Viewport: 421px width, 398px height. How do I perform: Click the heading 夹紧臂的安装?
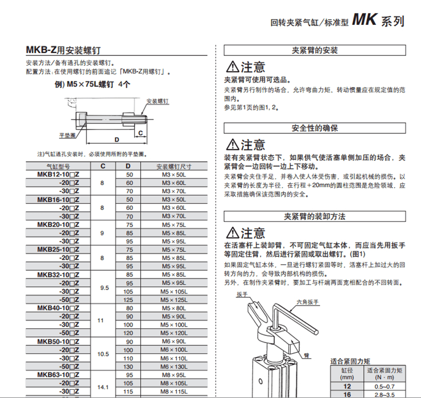coord(314,50)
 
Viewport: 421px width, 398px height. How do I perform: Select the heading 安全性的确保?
coord(314,128)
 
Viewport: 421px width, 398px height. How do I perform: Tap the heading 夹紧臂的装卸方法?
coord(314,216)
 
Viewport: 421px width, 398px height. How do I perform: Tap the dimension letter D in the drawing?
coord(117,140)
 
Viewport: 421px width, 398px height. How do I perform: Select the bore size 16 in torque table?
coord(347,394)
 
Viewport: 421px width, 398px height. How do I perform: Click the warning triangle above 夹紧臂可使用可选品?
coord(232,68)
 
